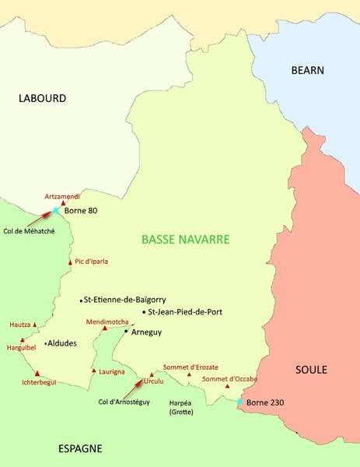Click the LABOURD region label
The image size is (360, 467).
pos(43,99)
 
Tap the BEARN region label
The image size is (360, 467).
pos(306,69)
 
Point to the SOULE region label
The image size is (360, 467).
pos(312,370)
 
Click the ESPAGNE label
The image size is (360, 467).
pos(81,449)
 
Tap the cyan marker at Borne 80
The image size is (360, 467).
pos(56,211)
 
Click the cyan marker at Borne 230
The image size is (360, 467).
pos(239,402)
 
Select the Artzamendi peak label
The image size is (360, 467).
pos(62,197)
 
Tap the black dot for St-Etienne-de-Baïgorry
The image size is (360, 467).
pos(81,300)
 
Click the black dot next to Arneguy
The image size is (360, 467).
pos(126,332)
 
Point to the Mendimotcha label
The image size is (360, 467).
pos(108,321)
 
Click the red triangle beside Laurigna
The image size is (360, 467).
pos(94,371)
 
